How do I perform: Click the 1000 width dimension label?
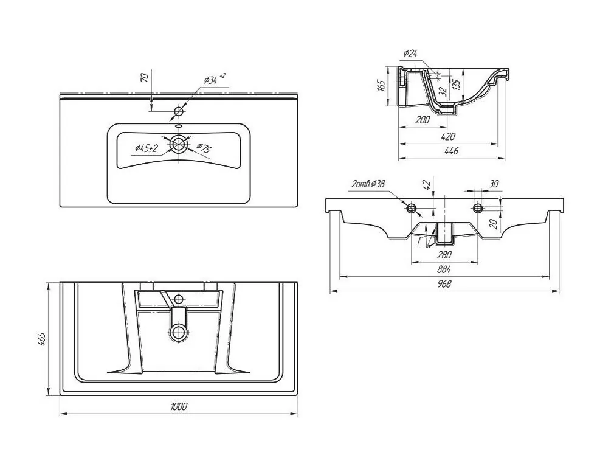[179, 406]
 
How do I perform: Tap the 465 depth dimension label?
[41, 339]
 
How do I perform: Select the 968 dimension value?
[444, 283]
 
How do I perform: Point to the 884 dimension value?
[444, 269]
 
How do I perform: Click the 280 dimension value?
[444, 255]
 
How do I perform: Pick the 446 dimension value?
[451, 151]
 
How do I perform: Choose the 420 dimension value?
[448, 136]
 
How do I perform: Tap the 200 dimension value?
[422, 120]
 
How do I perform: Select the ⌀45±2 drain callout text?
[146, 148]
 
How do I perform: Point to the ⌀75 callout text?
[204, 148]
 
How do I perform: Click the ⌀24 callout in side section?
[410, 54]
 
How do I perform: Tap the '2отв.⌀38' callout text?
[368, 183]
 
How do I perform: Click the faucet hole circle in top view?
[179, 111]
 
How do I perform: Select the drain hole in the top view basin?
[179, 144]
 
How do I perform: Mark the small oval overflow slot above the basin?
[179, 126]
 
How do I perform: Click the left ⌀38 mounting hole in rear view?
[411, 207]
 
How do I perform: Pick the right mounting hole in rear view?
[477, 207]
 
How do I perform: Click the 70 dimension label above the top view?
[145, 77]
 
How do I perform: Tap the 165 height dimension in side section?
[381, 85]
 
